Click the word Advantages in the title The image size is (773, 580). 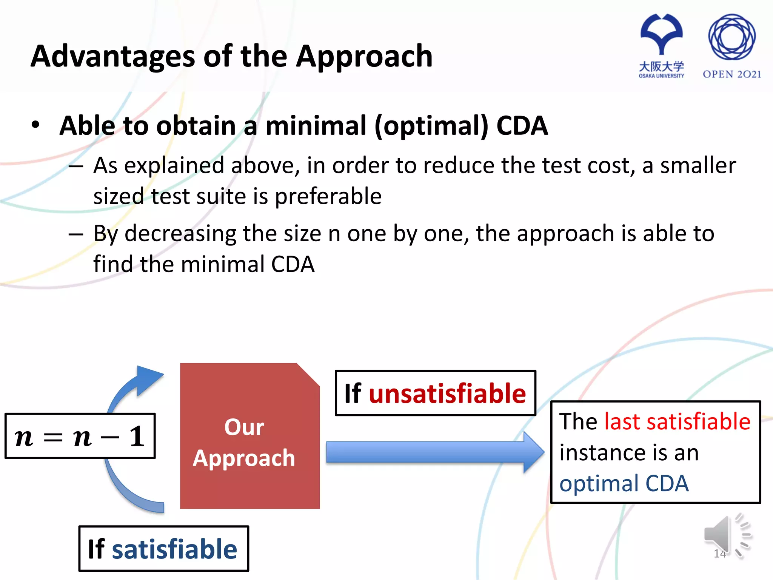point(112,57)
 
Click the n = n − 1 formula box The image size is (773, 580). point(80,436)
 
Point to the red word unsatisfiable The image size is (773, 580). point(447,393)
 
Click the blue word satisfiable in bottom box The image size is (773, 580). point(174,549)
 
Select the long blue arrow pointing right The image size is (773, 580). point(434,452)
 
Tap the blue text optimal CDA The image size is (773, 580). point(624,483)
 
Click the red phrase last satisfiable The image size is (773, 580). point(677,421)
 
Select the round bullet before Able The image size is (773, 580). point(35,125)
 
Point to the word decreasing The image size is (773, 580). point(180,233)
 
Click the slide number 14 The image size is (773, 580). point(719,554)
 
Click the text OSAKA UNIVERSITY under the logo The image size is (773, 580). point(661,76)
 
